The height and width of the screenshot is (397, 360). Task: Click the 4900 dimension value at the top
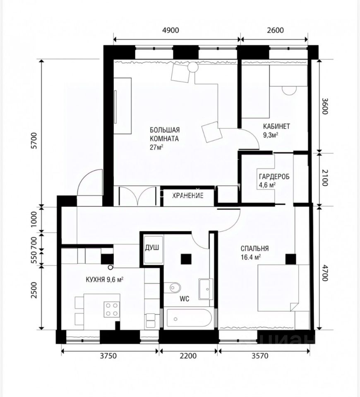coord(170,30)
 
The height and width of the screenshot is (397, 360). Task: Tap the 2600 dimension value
coord(276,30)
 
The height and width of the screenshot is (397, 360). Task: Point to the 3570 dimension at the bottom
coord(260,356)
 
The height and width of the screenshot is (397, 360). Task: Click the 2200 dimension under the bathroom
coord(188,356)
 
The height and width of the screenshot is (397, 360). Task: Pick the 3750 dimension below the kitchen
coord(108,356)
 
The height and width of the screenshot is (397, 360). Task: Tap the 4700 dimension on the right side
coord(324,273)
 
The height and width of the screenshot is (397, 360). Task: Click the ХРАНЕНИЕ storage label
coord(188,196)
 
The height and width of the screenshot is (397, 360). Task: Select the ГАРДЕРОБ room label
coord(274,177)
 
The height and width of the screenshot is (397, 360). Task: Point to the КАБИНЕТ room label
coord(276,126)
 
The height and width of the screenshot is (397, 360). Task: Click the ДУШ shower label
coord(152,247)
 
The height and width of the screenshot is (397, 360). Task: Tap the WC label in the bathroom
coord(185,299)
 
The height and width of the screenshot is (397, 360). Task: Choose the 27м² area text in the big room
coord(156,147)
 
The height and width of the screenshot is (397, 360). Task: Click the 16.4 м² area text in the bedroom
coord(251,257)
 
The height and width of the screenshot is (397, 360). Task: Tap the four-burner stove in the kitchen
coord(112,309)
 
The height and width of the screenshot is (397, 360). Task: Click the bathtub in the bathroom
coord(189,318)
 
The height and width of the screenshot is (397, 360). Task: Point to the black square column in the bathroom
coord(186,259)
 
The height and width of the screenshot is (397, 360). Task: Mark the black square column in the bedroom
coord(290,259)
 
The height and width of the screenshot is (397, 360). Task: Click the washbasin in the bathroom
coord(206,289)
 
